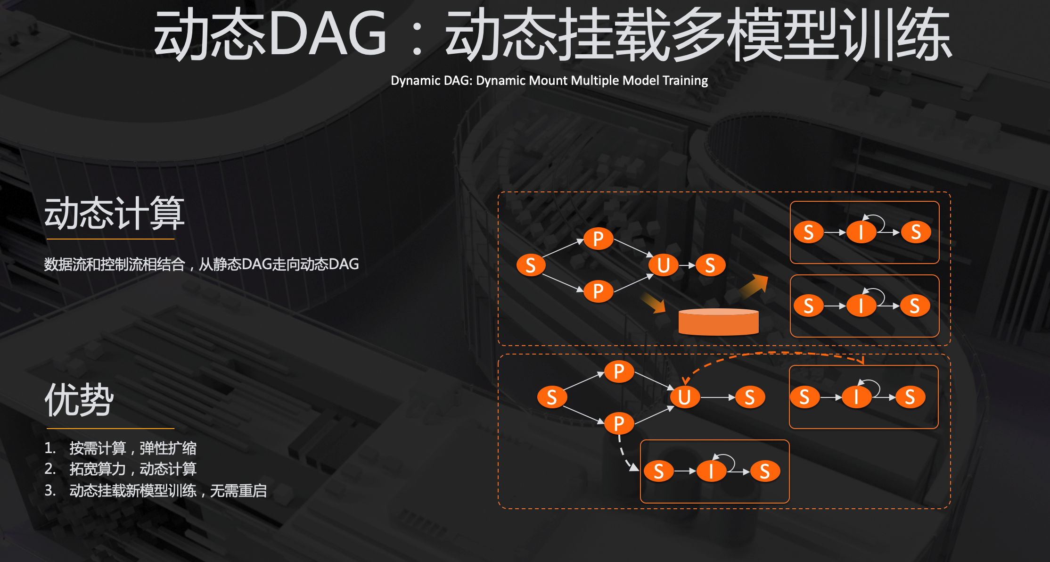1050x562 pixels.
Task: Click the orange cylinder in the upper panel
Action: [x=718, y=322]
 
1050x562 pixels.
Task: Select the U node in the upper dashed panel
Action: [x=664, y=265]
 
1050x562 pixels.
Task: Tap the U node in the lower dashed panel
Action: [x=684, y=397]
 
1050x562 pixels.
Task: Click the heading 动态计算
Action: [x=114, y=214]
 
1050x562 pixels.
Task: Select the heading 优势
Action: [x=79, y=400]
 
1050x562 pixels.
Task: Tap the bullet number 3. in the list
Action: [x=50, y=491]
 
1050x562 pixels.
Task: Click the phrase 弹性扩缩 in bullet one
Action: [x=168, y=448]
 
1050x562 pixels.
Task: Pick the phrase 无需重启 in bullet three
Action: [x=238, y=491]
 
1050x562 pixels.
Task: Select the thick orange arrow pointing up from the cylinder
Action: [x=754, y=286]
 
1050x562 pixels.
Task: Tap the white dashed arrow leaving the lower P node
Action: [x=626, y=454]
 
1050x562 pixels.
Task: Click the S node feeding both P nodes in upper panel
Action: [x=531, y=265]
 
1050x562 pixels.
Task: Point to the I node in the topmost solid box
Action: [x=861, y=232]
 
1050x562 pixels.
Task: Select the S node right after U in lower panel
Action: [x=749, y=397]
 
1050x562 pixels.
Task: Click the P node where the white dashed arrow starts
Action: [x=619, y=423]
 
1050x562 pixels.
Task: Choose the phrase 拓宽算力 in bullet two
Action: [x=98, y=469]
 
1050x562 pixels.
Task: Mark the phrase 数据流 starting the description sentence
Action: [x=65, y=264]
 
